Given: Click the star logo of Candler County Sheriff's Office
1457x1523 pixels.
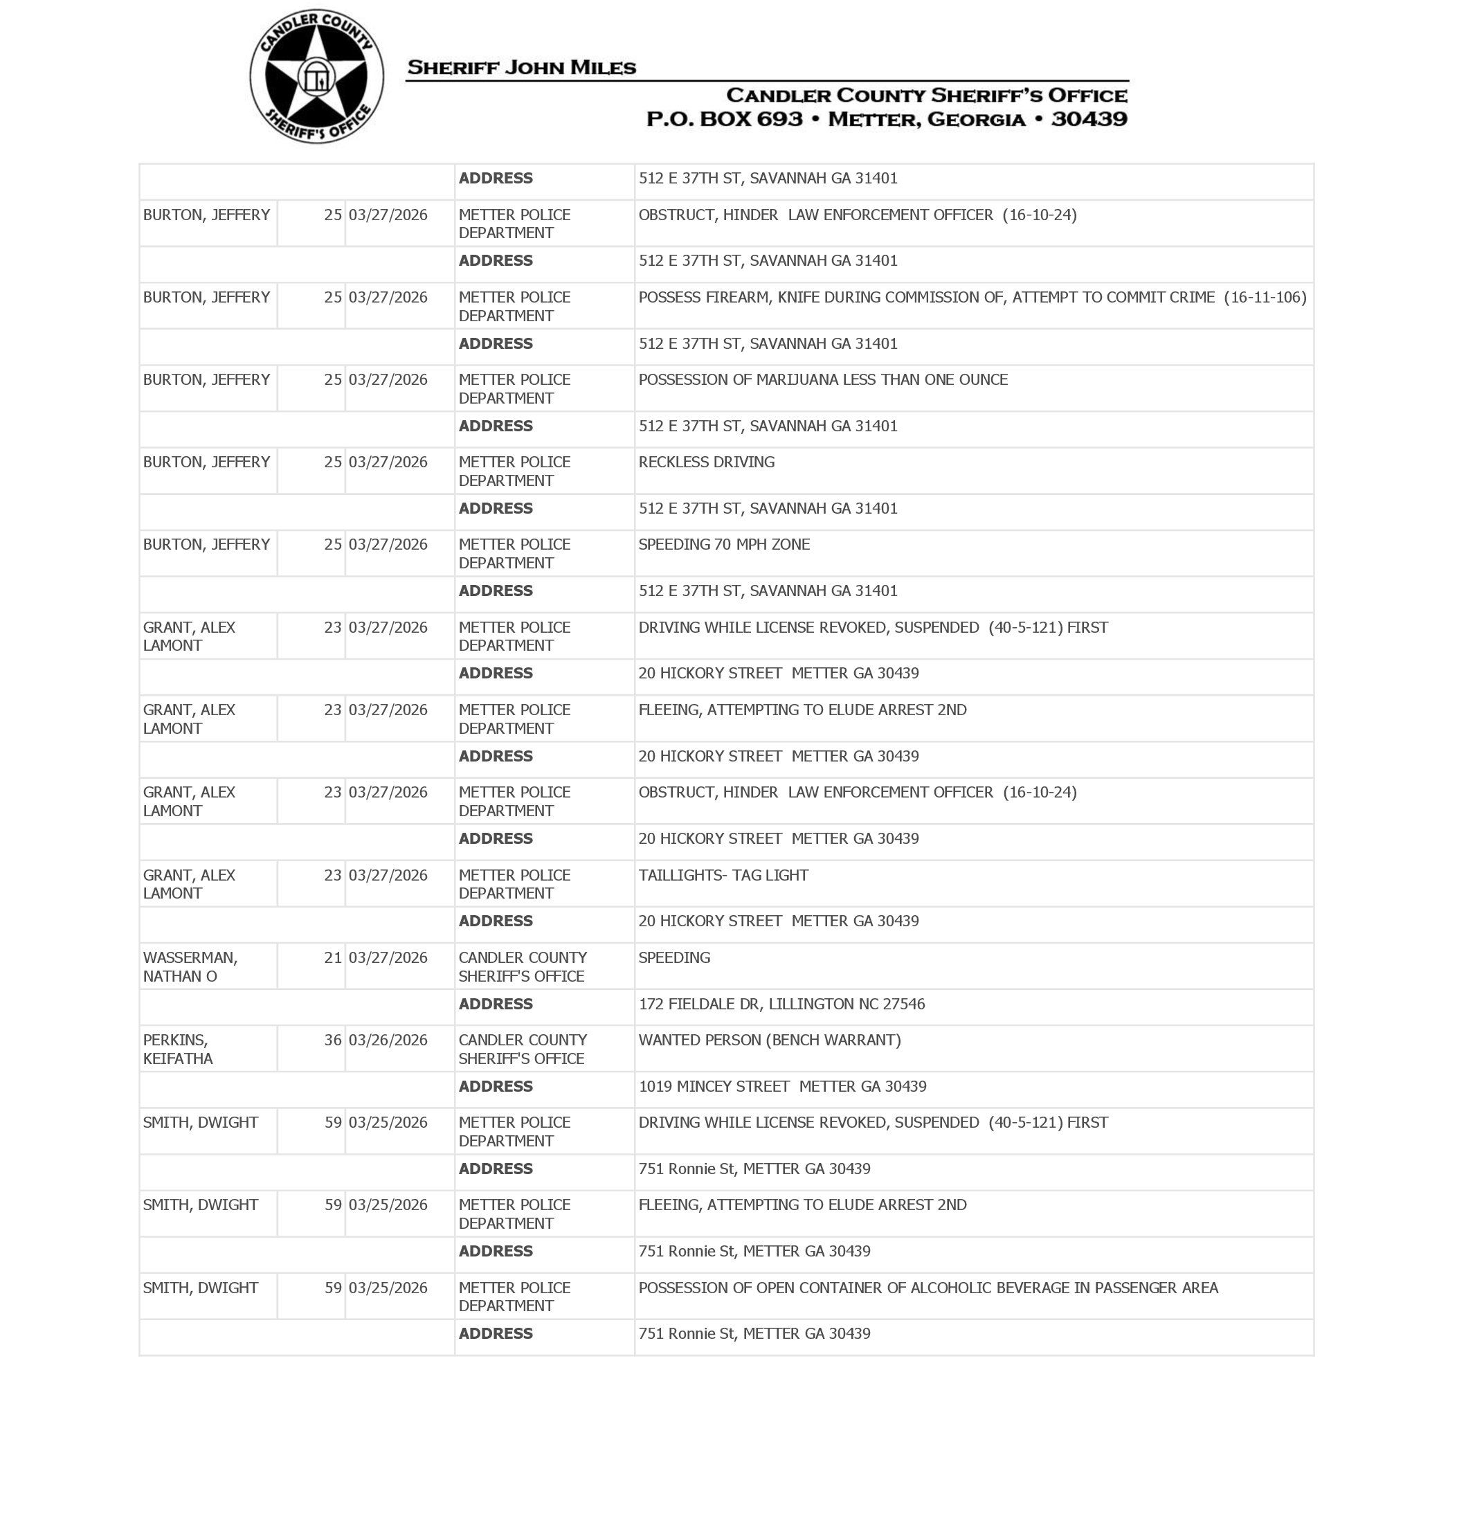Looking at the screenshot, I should tap(316, 76).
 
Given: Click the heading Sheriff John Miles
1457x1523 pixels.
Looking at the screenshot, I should tap(521, 68).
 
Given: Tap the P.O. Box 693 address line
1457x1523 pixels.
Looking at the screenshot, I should tap(886, 119).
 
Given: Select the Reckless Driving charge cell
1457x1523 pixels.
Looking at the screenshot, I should tap(706, 462).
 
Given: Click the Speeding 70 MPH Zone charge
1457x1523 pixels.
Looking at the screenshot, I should tap(724, 544).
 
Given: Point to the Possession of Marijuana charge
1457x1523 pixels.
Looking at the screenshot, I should tap(822, 380).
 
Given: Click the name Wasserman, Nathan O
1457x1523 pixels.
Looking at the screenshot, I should tap(190, 967).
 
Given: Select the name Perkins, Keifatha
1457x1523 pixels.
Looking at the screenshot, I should tap(177, 1049).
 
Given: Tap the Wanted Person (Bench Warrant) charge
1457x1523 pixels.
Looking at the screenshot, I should tap(769, 1040).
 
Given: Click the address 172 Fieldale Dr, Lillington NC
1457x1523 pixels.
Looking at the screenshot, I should tap(781, 1004).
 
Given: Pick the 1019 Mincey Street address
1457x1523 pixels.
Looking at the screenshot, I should tap(782, 1087).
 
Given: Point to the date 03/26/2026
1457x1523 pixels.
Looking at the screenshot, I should tap(388, 1040).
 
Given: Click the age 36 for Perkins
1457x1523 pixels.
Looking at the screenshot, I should tap(332, 1040).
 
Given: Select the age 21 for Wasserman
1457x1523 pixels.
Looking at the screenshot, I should tap(332, 957).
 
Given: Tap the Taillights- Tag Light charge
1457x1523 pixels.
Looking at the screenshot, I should tap(723, 875).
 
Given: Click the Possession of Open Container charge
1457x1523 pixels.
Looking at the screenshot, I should tap(928, 1288).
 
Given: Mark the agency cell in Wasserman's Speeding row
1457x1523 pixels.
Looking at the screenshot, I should tap(522, 967).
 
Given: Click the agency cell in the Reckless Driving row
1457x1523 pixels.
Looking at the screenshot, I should tap(514, 471).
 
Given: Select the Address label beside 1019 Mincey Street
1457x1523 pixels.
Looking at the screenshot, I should tap(496, 1087).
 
